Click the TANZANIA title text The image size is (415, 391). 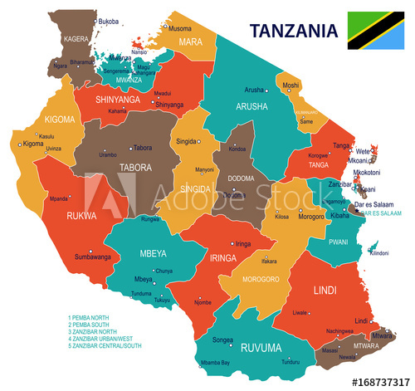295,31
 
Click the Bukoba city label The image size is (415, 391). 108,21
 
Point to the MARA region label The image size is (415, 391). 193,42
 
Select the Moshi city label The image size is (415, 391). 290,86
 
